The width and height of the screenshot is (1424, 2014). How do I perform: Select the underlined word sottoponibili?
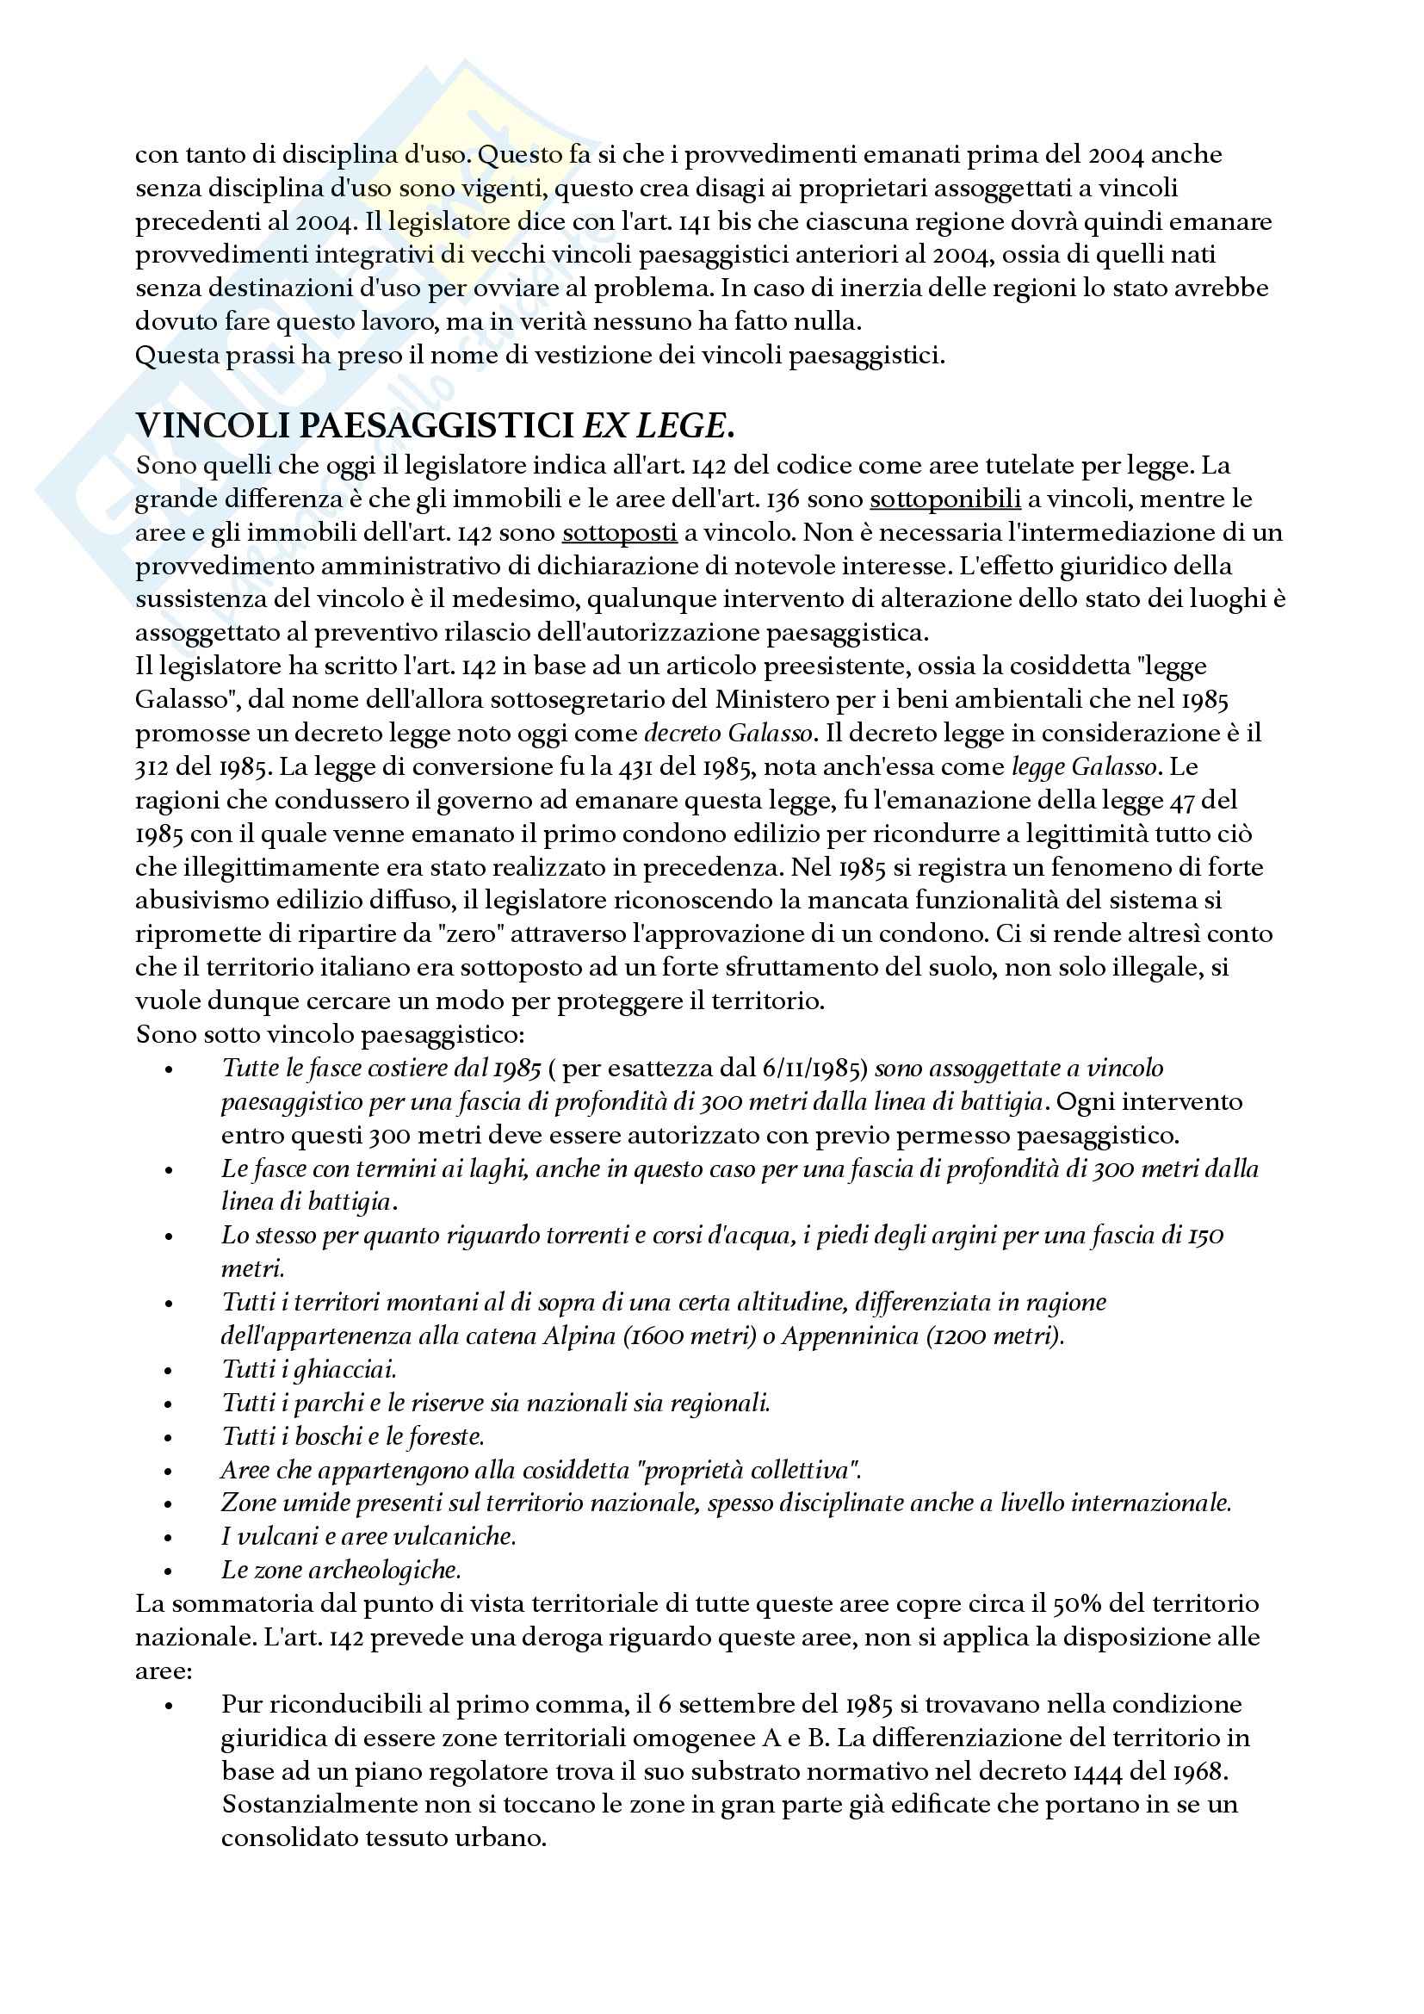(x=944, y=499)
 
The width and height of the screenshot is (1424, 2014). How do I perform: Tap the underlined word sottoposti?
(x=619, y=532)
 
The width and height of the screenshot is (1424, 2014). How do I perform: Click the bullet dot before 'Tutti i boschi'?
(x=170, y=1438)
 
